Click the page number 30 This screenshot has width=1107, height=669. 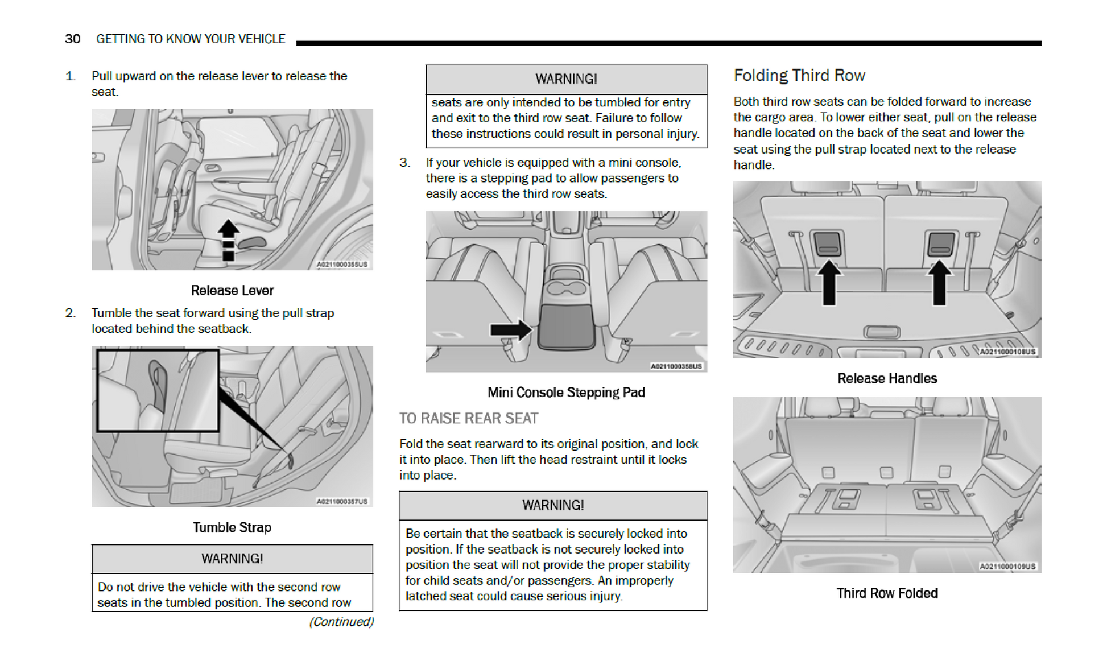[72, 39]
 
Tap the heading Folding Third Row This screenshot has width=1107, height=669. [799, 76]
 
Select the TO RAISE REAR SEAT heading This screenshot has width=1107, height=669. [468, 419]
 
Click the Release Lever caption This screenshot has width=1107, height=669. [232, 291]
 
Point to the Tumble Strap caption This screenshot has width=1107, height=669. [232, 527]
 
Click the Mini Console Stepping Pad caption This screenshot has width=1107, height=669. [566, 393]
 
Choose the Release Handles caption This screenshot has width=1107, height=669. [887, 379]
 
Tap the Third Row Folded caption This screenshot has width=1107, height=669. [887, 593]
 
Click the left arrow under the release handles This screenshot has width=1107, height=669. [829, 282]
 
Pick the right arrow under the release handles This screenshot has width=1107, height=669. [939, 282]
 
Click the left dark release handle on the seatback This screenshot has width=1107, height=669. [828, 243]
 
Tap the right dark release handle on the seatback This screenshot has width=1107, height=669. [941, 243]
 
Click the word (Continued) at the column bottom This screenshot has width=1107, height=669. [341, 622]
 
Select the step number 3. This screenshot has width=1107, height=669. [404, 163]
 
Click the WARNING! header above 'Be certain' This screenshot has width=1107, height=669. [553, 505]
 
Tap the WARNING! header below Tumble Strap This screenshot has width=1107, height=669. [232, 559]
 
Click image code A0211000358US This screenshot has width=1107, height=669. [676, 366]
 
